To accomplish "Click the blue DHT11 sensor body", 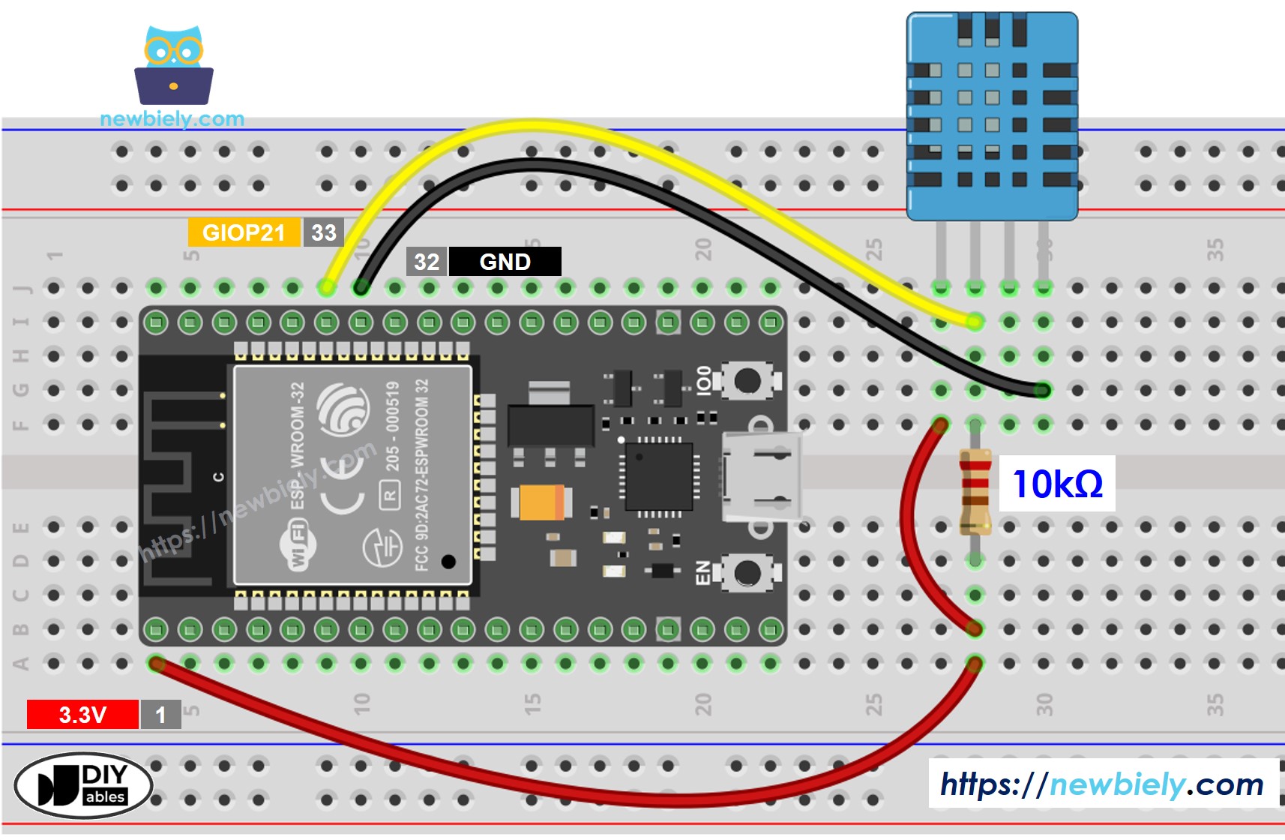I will pos(992,116).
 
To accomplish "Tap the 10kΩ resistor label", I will pos(1057,484).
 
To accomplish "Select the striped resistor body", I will pos(975,491).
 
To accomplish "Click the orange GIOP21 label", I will pos(244,232).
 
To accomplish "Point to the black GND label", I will pos(505,262).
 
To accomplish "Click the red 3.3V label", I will pos(82,715).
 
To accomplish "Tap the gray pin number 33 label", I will pos(324,232).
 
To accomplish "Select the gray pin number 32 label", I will pos(427,262).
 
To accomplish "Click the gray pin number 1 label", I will pos(160,715).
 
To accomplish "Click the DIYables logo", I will pos(83,785).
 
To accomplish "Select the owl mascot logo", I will pos(174,66).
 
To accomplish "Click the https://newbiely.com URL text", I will pos(1102,784).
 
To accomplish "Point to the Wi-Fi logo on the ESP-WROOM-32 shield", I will pos(297,545).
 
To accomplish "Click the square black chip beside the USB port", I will pos(659,476).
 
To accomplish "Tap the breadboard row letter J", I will pos(22,288).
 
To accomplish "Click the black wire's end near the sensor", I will pos(1042,390).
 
